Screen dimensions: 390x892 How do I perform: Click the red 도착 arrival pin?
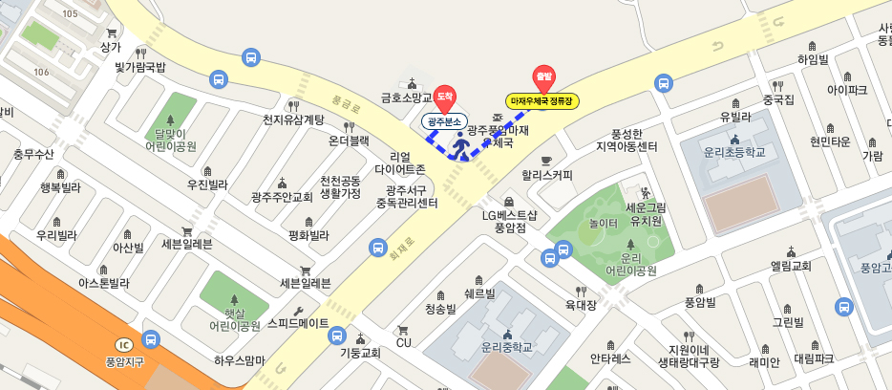click(444, 97)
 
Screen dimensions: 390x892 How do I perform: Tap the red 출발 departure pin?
click(543, 77)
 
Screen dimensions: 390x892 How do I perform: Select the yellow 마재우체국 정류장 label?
click(542, 101)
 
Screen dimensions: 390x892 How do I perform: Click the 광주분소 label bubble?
click(444, 121)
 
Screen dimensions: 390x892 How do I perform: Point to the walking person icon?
click(462, 145)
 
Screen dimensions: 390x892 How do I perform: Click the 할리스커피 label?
click(547, 175)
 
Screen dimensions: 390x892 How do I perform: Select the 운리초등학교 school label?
click(735, 152)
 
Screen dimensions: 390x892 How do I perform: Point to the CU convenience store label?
click(403, 342)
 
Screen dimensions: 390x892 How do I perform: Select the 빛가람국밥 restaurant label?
click(140, 66)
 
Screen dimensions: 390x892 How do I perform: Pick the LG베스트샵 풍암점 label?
click(509, 221)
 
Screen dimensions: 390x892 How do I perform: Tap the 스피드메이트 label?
click(298, 323)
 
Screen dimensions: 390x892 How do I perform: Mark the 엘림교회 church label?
click(791, 266)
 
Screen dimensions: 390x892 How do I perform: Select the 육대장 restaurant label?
click(581, 305)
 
